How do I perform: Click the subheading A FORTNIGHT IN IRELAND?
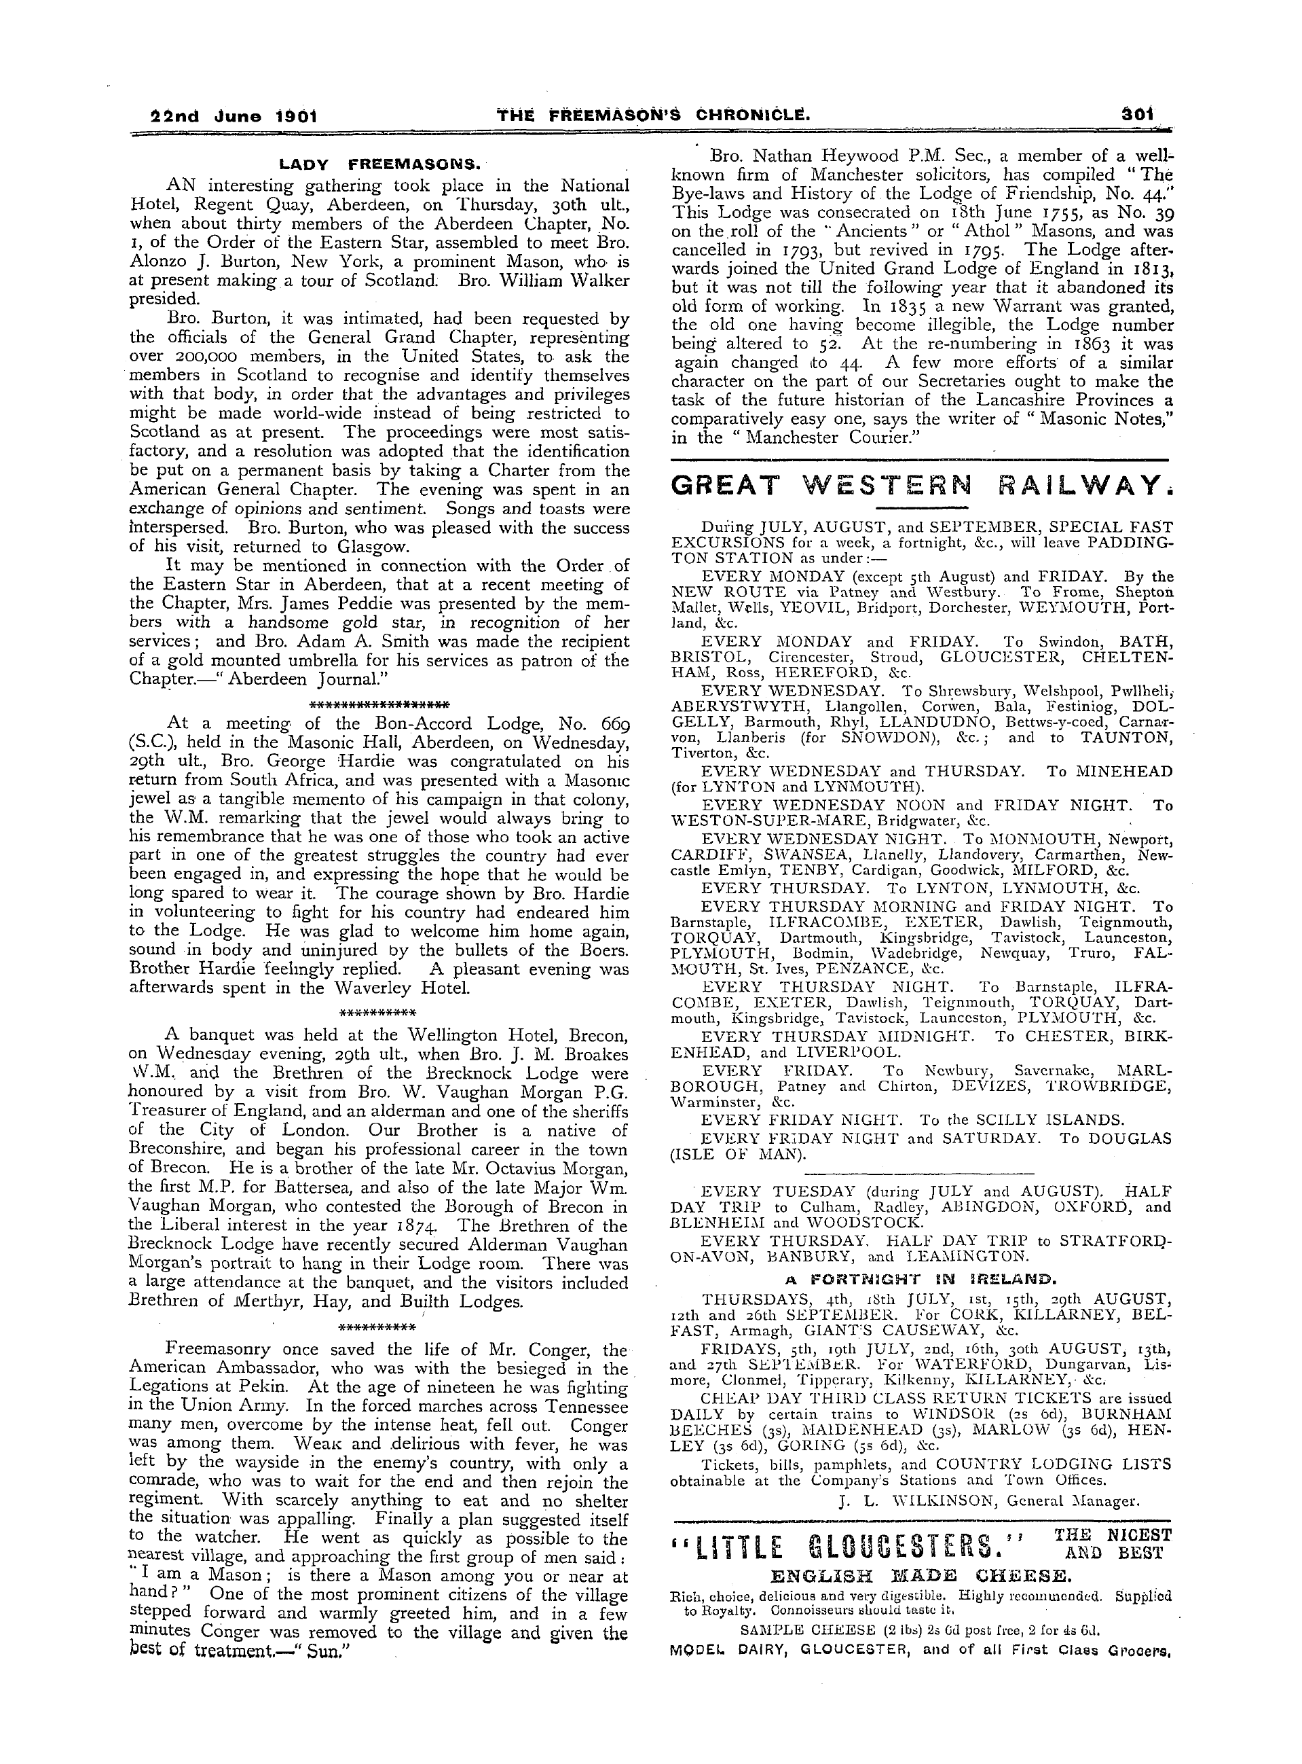coord(920,1278)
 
